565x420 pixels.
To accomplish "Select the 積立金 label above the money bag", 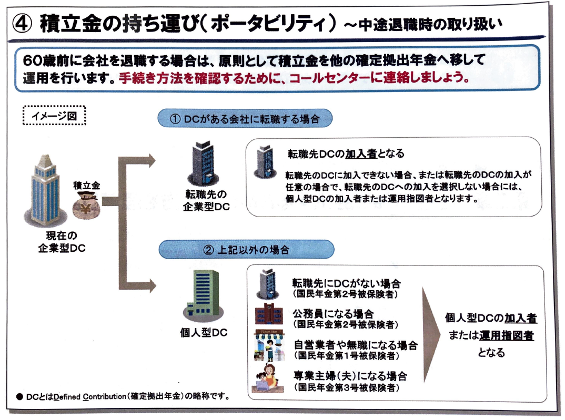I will [86, 186].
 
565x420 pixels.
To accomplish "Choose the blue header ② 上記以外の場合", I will [246, 249].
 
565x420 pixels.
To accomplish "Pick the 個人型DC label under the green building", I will [204, 334].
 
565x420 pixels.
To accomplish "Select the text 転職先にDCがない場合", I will [347, 284].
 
